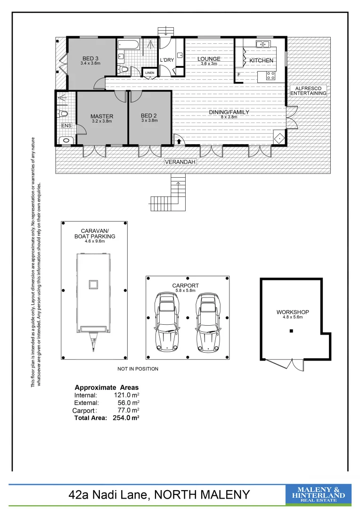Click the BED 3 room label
[90, 58]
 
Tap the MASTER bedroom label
[102, 116]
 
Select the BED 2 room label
[149, 115]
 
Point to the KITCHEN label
[261, 60]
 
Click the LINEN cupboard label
[149, 73]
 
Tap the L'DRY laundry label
[167, 60]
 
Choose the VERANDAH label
[180, 162]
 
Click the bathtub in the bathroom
[128, 46]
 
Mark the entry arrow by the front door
[180, 140]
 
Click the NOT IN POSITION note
[138, 369]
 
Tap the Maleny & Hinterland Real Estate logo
[319, 495]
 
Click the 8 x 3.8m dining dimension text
[229, 116]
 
